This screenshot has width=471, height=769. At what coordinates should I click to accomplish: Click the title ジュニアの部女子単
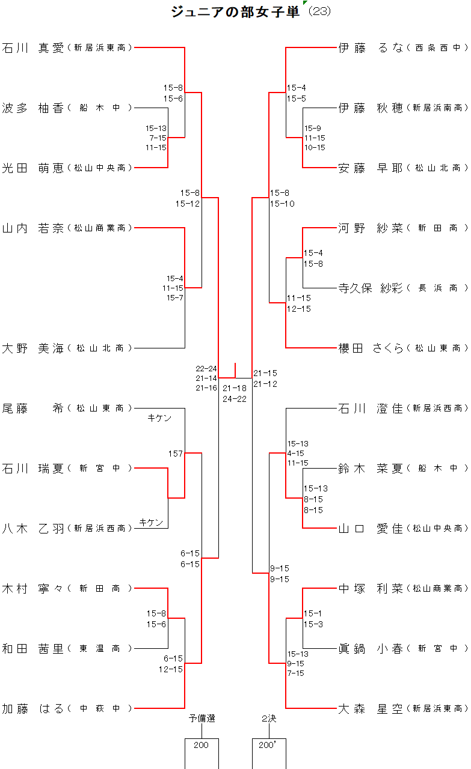(x=235, y=12)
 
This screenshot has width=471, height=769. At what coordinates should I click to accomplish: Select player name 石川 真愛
(x=33, y=48)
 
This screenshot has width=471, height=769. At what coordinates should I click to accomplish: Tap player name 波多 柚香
(x=33, y=108)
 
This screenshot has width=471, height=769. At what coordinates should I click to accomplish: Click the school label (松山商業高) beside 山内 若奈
(x=99, y=228)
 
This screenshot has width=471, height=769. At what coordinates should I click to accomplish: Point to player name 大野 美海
(x=33, y=348)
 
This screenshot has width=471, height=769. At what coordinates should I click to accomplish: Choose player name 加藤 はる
(x=33, y=709)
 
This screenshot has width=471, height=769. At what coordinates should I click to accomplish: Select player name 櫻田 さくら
(x=371, y=348)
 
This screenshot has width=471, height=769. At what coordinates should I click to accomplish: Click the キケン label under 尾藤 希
(x=159, y=418)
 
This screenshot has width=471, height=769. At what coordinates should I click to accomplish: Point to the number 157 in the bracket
(x=175, y=454)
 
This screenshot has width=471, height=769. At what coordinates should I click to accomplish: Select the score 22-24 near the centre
(x=206, y=368)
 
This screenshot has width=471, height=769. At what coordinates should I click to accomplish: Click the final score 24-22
(x=235, y=399)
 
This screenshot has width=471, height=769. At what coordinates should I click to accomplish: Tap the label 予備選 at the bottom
(x=202, y=718)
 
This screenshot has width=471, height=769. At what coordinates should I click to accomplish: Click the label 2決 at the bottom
(x=268, y=718)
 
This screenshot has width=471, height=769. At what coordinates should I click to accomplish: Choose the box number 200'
(x=266, y=745)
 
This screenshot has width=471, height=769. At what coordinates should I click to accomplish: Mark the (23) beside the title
(x=319, y=12)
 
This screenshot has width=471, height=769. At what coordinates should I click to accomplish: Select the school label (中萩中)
(x=99, y=709)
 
